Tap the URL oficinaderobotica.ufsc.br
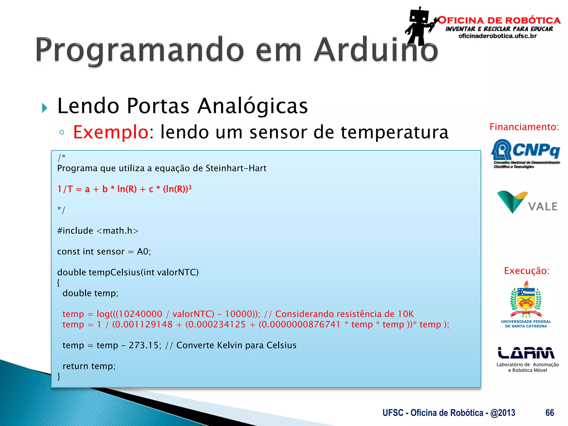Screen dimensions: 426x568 (498, 36)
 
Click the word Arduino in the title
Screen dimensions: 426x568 (376, 50)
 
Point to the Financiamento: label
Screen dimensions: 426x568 (524, 127)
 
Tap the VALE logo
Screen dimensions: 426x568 (527, 202)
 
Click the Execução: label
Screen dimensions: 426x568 (526, 271)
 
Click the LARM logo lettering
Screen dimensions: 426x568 (526, 353)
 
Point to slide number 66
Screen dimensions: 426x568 (549, 413)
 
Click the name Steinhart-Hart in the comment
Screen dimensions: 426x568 (236, 168)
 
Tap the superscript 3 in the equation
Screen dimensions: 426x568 (190, 187)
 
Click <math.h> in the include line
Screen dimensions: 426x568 (117, 231)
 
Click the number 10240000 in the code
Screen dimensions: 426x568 (141, 314)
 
